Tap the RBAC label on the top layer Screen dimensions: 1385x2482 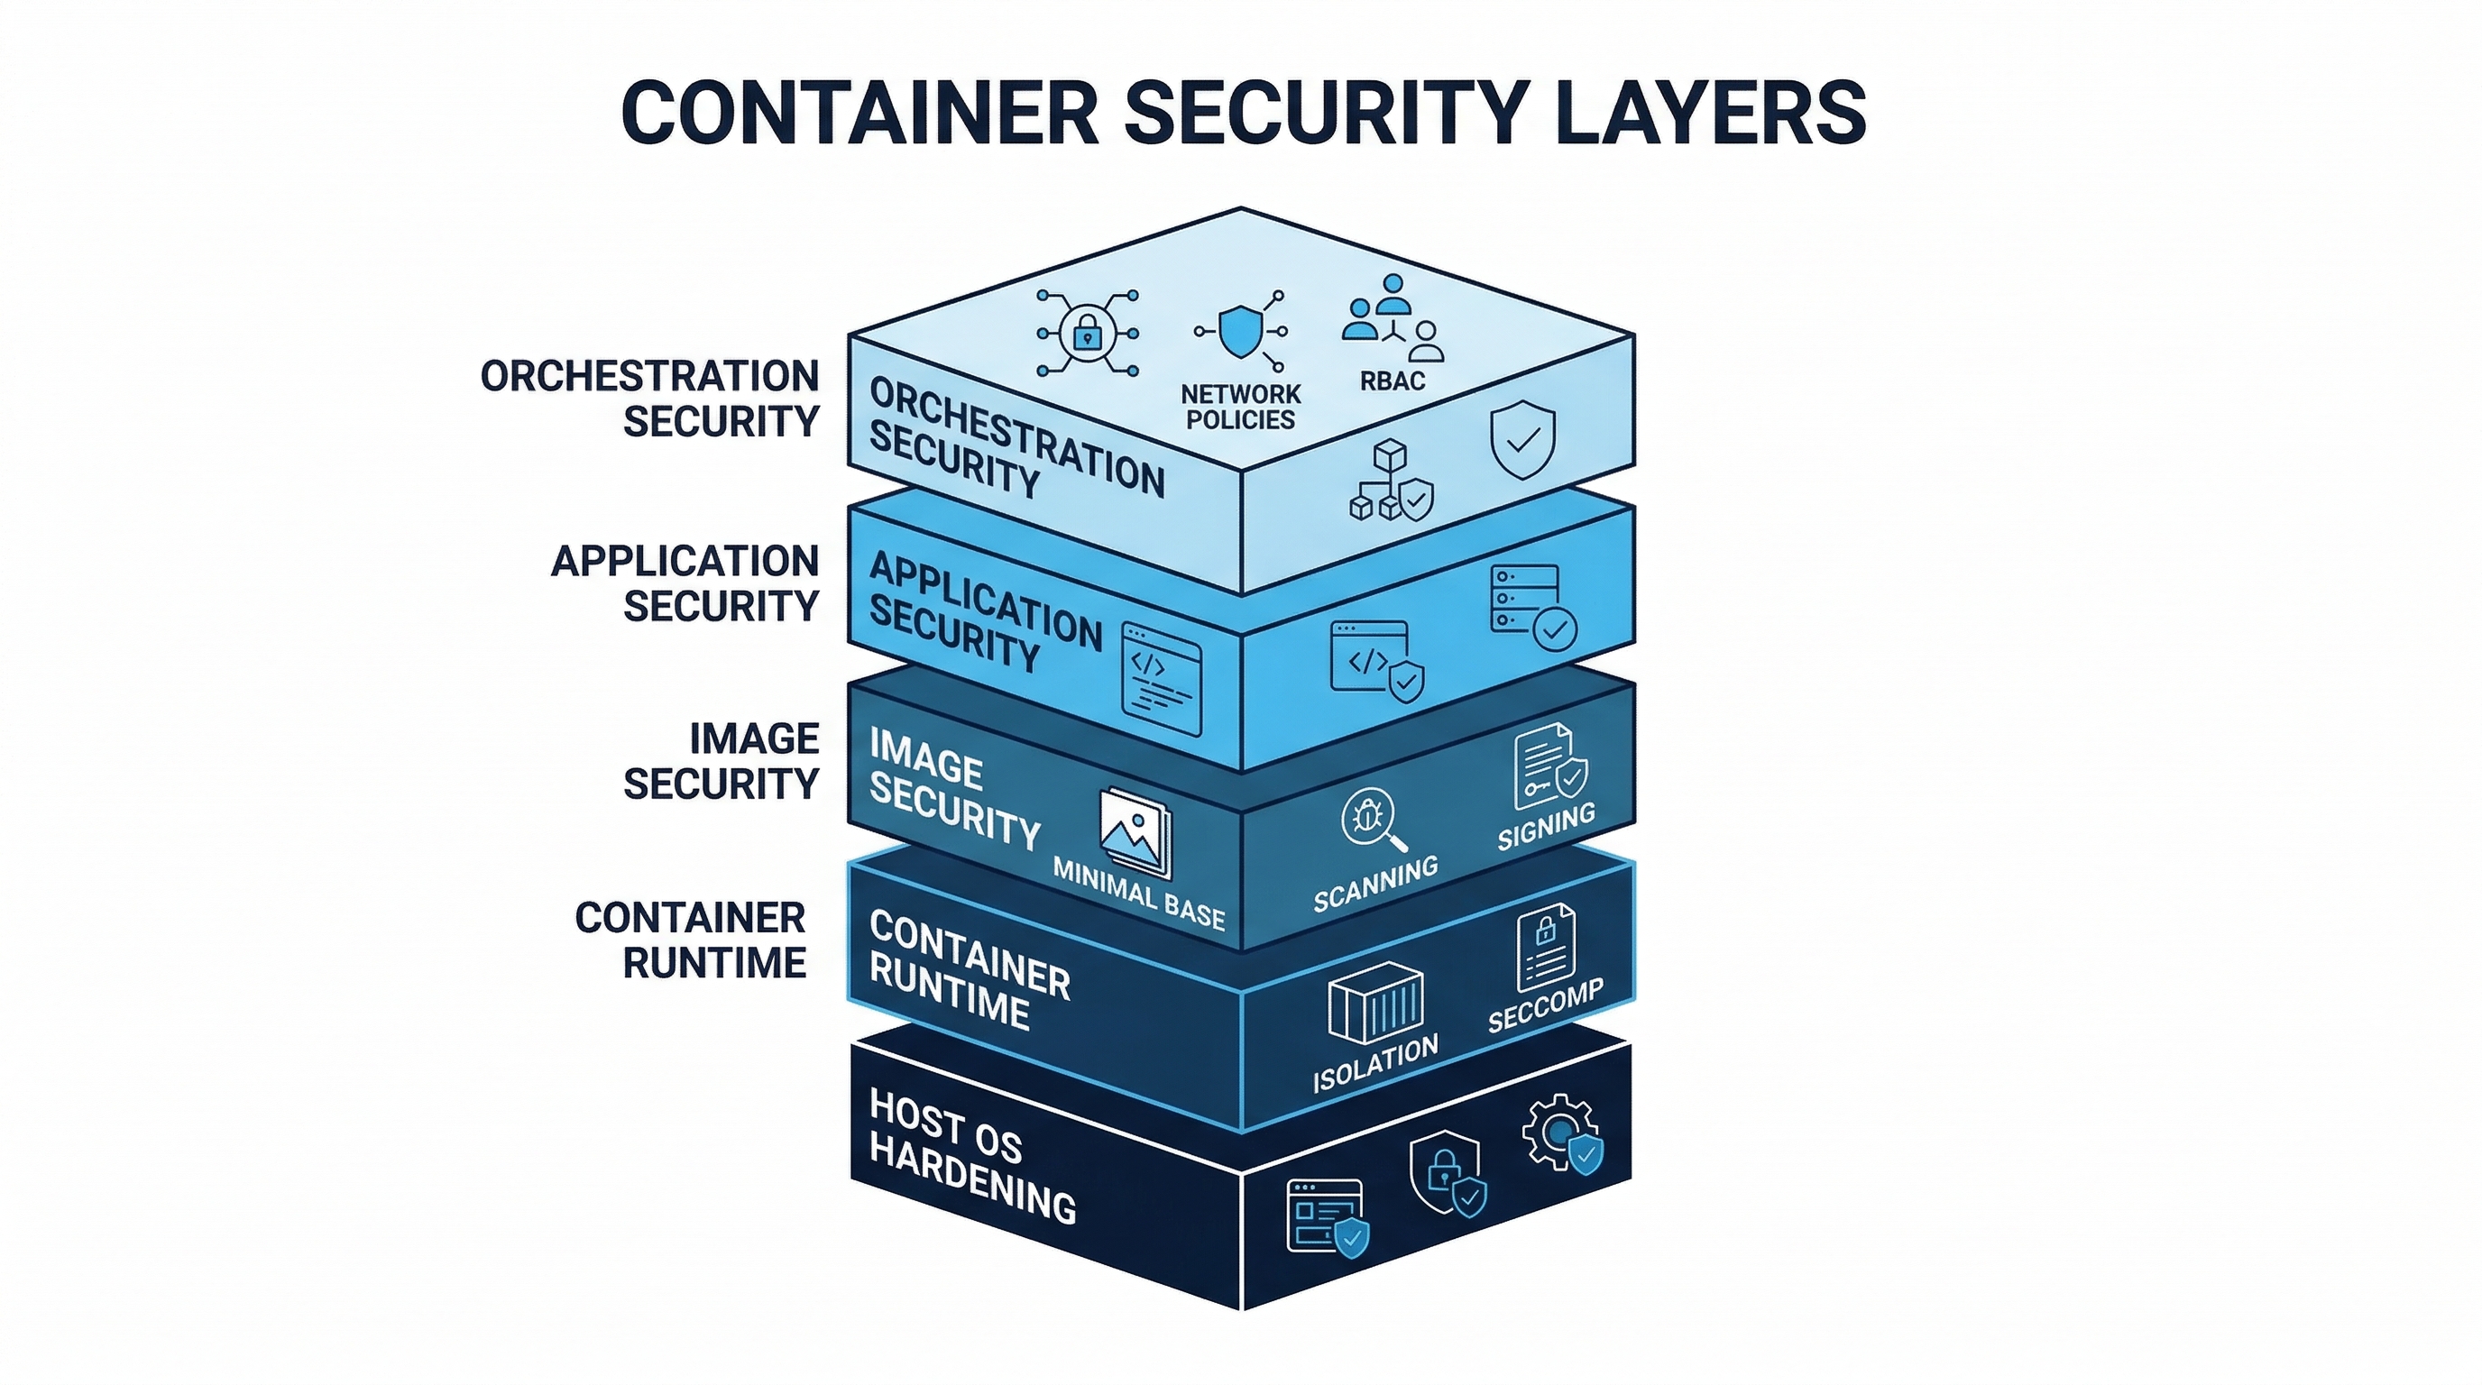(1393, 381)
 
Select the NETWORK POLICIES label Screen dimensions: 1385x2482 (1240, 407)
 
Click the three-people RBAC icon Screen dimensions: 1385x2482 (1393, 317)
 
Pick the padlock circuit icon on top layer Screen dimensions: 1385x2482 (1087, 334)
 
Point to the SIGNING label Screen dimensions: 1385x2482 (1546, 826)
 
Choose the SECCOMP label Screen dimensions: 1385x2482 (1545, 1005)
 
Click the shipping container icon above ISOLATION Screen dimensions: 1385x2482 (1374, 1002)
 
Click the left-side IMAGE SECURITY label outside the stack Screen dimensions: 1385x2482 (722, 761)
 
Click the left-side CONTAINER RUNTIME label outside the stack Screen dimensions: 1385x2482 (692, 940)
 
